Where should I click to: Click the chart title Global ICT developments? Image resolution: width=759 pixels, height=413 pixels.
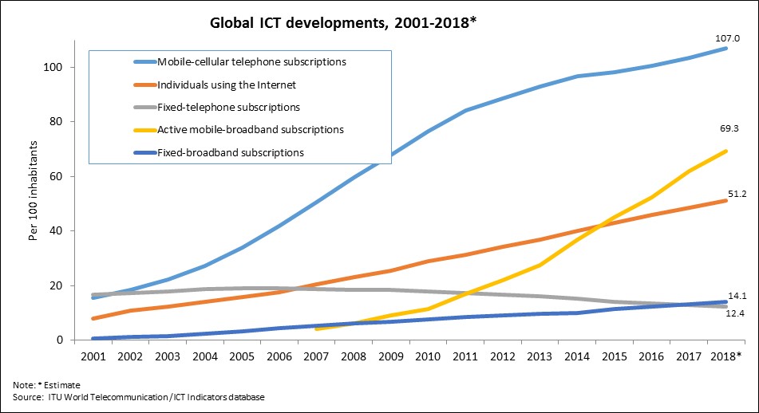click(343, 23)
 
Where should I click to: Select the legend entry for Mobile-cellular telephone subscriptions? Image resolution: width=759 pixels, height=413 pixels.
click(251, 61)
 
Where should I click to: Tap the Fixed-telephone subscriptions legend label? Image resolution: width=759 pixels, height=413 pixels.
click(228, 106)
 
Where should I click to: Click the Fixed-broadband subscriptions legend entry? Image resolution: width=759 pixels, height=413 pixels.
click(231, 151)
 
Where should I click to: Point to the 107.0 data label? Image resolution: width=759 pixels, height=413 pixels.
click(726, 37)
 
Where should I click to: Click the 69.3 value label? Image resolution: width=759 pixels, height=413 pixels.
click(726, 127)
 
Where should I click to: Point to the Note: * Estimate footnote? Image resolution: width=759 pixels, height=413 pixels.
click(49, 385)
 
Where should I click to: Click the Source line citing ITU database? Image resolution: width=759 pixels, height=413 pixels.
click(138, 397)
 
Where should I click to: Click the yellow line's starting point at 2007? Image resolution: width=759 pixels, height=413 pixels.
click(318, 328)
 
